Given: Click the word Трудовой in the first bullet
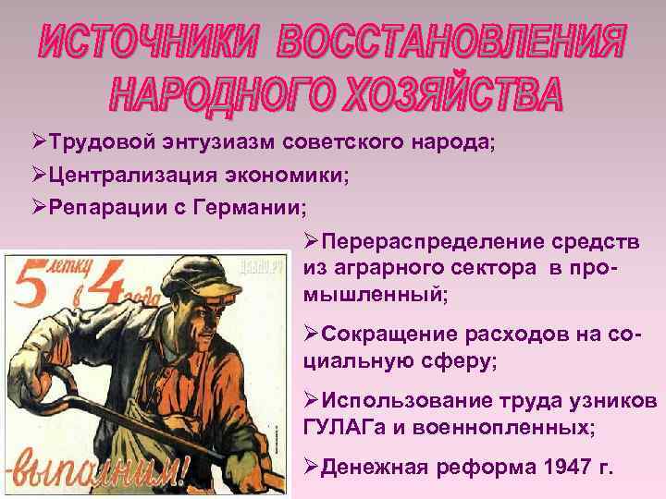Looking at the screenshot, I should point(91,144).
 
